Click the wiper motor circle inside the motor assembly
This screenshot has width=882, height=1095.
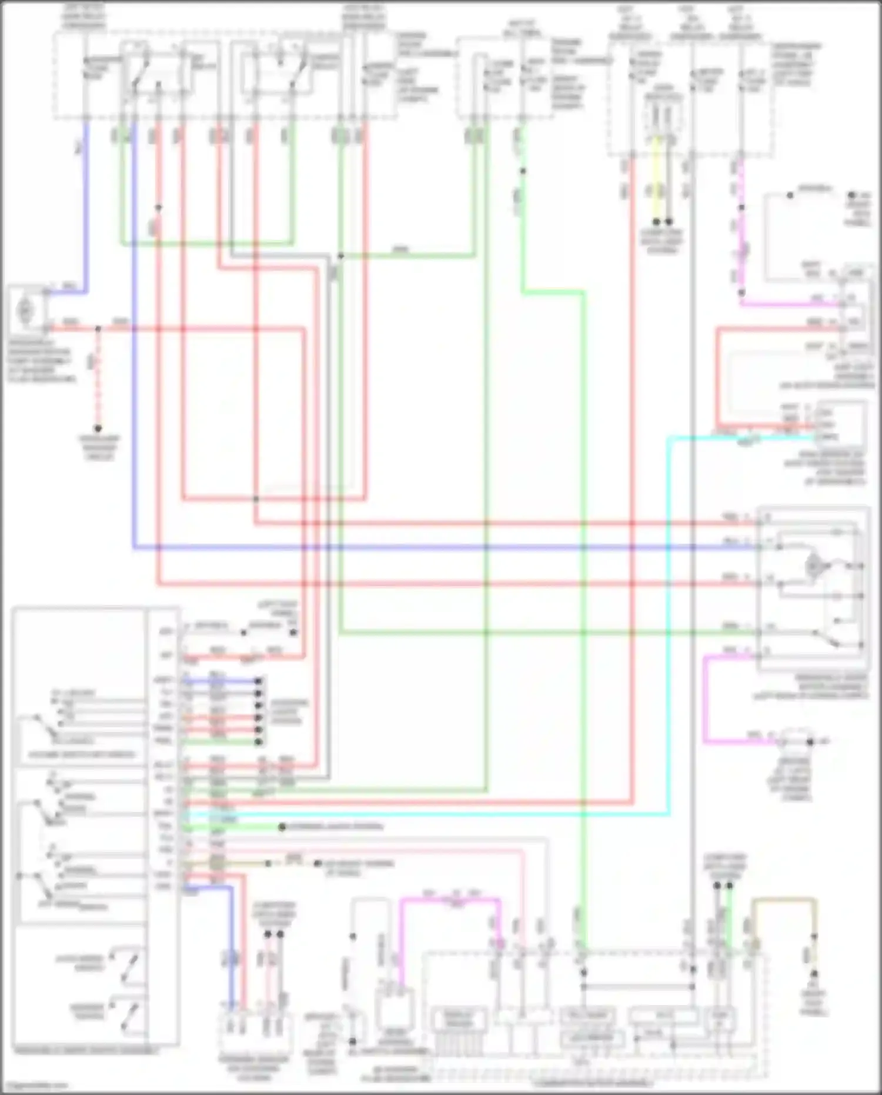[814, 566]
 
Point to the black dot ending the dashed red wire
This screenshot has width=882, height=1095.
[98, 429]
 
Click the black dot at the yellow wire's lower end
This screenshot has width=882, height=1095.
[657, 222]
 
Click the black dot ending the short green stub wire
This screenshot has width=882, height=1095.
[282, 827]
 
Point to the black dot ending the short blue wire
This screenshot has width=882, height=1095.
[258, 681]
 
